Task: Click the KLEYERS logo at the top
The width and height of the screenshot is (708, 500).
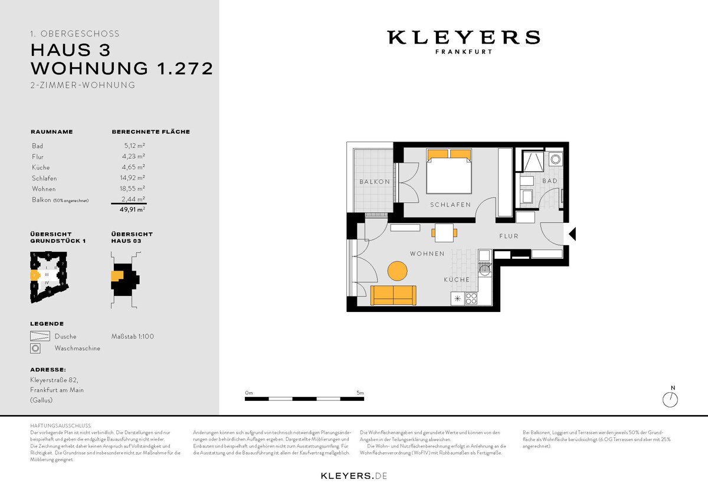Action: tap(463, 38)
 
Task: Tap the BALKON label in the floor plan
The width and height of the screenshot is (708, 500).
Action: tap(375, 182)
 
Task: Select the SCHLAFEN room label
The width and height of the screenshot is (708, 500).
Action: tap(450, 205)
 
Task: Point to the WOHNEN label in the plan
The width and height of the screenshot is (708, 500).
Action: tap(427, 254)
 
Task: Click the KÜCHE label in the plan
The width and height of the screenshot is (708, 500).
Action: tap(457, 279)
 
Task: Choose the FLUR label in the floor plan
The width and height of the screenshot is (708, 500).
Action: tap(509, 236)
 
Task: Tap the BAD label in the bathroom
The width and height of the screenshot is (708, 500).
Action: tap(549, 181)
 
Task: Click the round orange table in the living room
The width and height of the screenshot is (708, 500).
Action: tap(397, 271)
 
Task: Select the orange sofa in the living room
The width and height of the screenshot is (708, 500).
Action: tap(393, 295)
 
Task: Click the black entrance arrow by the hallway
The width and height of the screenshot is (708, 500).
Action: tap(572, 235)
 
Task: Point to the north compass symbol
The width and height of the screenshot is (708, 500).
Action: tap(671, 399)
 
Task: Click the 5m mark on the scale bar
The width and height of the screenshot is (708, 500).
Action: tap(360, 392)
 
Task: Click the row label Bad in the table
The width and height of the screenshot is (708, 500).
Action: tap(37, 146)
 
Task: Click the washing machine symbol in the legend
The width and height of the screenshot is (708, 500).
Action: tap(36, 348)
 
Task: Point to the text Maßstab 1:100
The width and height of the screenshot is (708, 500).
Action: tap(133, 336)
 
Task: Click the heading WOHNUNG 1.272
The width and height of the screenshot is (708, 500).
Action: tap(122, 68)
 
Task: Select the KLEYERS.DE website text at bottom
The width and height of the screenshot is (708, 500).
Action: tap(354, 475)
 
